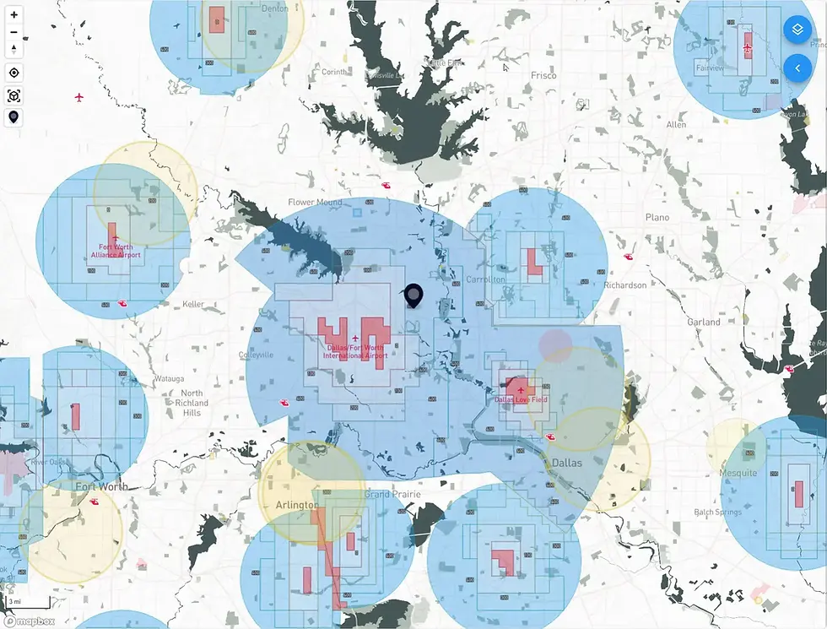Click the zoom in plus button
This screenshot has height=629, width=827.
[14, 15]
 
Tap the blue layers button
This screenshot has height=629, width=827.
[797, 30]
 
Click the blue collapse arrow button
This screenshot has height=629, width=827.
[797, 68]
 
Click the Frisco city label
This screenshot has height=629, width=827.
[544, 75]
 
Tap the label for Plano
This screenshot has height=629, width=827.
[657, 218]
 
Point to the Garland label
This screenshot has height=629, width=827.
[704, 322]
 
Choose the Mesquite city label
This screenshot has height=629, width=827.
[738, 473]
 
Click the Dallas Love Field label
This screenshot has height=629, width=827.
[521, 399]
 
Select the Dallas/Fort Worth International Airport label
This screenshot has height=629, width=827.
[355, 351]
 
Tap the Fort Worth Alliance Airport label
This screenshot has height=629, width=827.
[116, 251]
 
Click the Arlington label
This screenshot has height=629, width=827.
[297, 505]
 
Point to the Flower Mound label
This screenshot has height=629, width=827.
[315, 203]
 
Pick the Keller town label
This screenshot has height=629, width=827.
[192, 304]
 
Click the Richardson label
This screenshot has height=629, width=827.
[625, 285]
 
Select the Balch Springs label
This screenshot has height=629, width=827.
[717, 512]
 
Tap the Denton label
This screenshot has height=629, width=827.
[275, 8]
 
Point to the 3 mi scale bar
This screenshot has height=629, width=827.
[17, 601]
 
